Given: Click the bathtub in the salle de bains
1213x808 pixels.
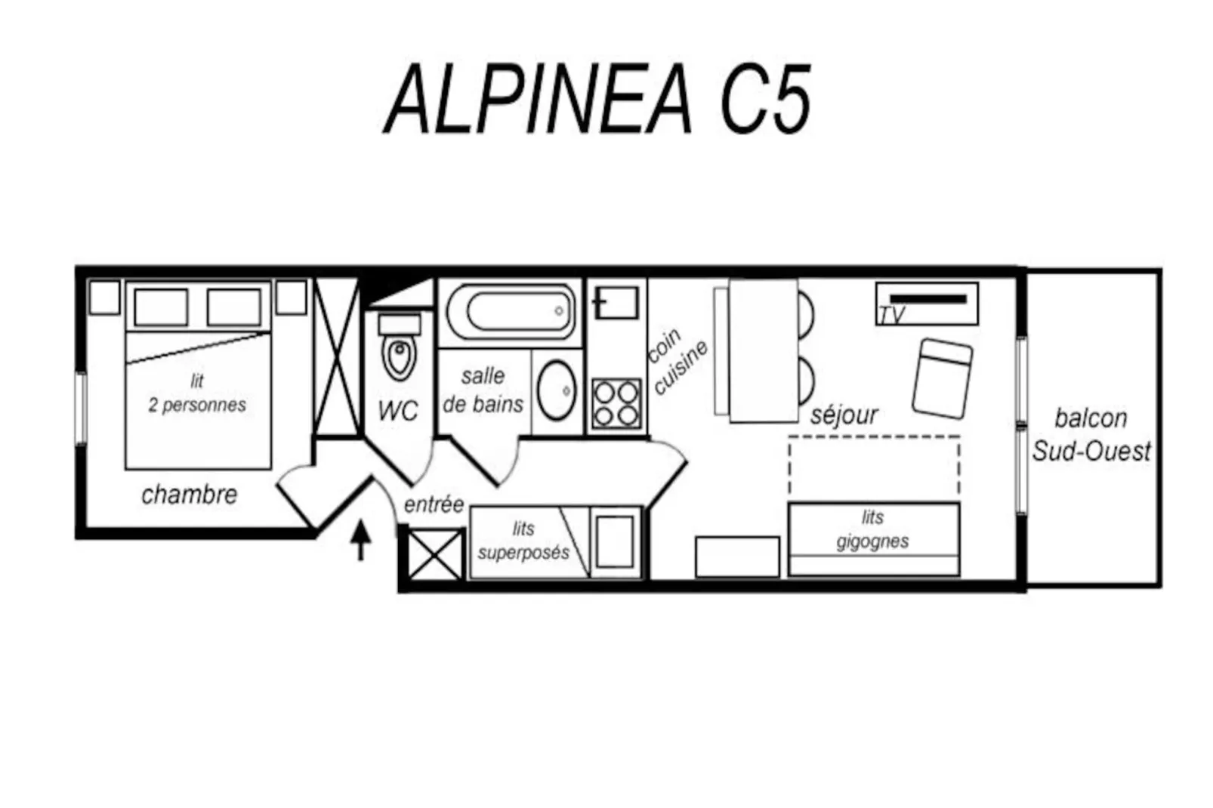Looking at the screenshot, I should click(x=511, y=310).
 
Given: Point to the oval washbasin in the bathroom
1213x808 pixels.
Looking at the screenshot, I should click(x=557, y=390).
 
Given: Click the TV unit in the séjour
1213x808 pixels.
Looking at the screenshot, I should click(x=927, y=304).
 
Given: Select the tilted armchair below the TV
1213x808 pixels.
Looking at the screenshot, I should click(x=941, y=378).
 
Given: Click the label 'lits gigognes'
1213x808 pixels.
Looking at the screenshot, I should click(x=872, y=529).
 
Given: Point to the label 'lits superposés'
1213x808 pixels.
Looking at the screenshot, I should click(x=523, y=541).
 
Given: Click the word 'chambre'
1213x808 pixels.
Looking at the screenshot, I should click(x=189, y=495).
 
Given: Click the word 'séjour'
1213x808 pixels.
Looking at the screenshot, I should click(x=844, y=415).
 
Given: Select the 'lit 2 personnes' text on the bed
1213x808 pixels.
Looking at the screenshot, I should click(x=197, y=393).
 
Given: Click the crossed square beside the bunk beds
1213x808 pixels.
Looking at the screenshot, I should click(x=434, y=555).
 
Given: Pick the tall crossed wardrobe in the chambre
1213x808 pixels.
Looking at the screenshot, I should click(x=335, y=356).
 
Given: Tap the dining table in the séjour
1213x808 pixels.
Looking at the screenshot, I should click(x=763, y=350).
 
